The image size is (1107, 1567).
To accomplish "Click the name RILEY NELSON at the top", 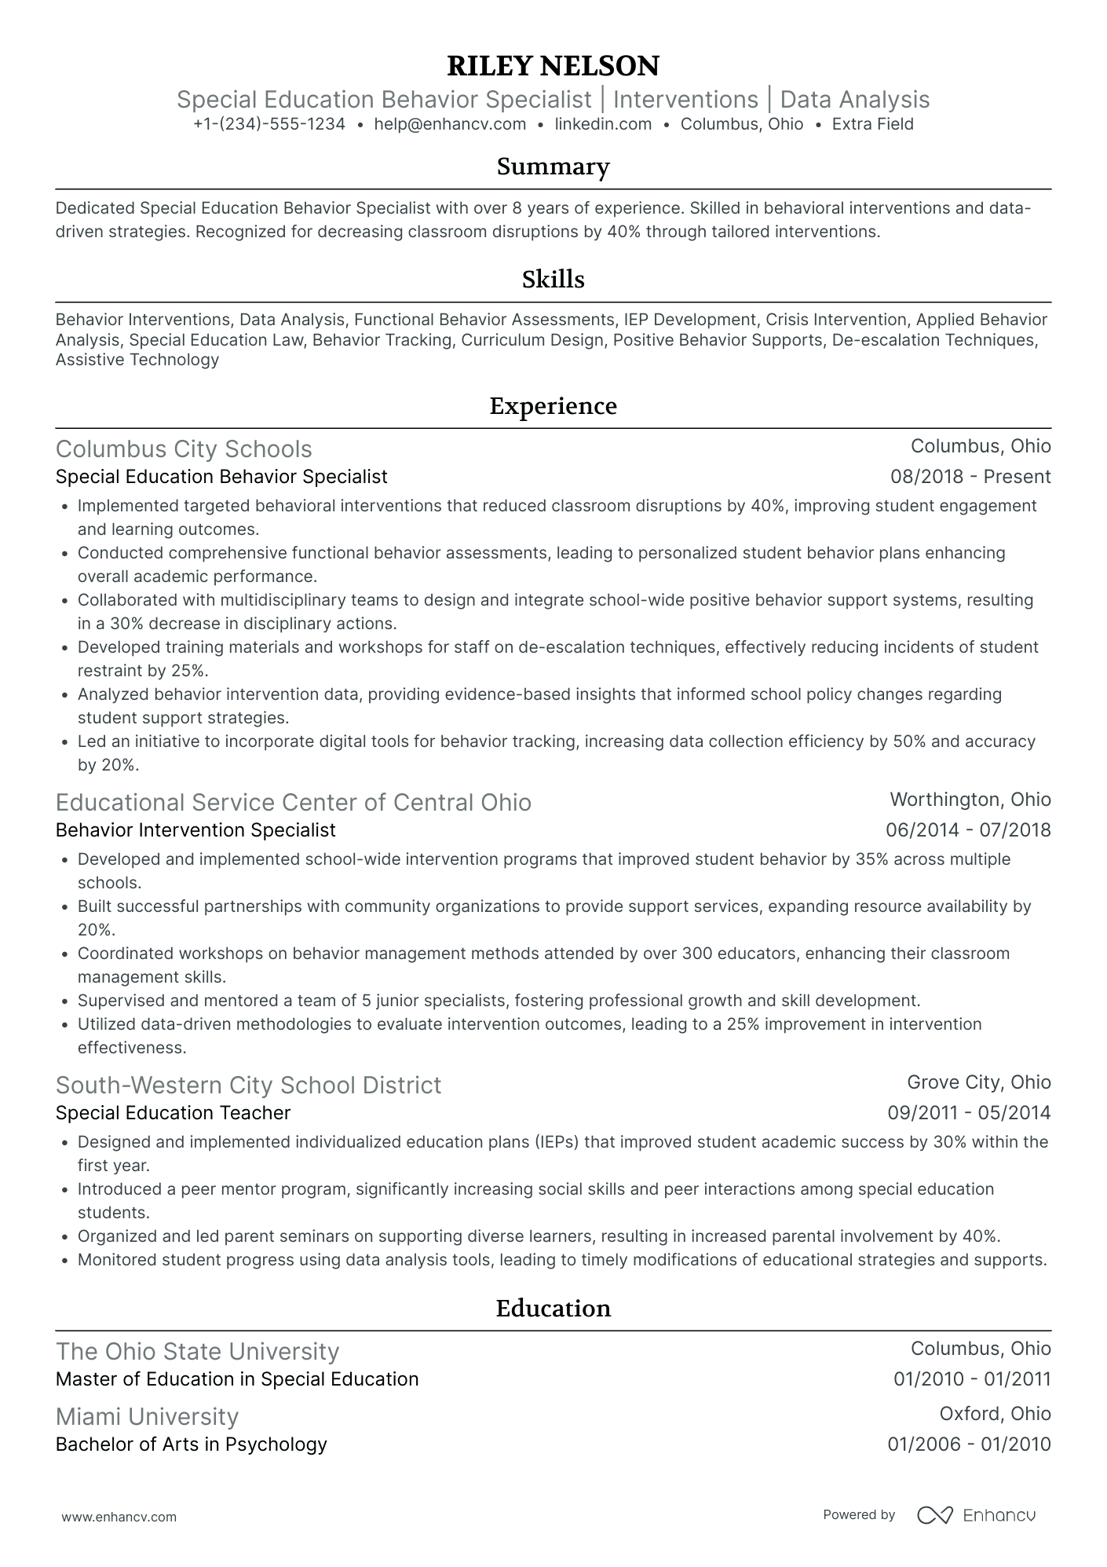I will (x=553, y=66).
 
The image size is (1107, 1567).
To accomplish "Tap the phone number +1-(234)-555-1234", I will (x=269, y=124).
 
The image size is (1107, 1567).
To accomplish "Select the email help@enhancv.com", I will (x=450, y=124).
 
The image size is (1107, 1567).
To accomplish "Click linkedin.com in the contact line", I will (x=603, y=124).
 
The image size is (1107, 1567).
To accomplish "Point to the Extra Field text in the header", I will (x=872, y=124).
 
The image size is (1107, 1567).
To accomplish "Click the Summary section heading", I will (x=553, y=167).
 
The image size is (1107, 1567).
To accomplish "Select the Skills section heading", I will (x=553, y=280).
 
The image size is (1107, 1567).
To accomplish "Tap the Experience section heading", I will (x=553, y=406).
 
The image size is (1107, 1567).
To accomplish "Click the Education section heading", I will (x=553, y=1309).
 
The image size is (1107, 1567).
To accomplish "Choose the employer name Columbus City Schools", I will (x=184, y=449).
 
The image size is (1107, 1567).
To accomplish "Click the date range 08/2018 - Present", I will (x=970, y=477).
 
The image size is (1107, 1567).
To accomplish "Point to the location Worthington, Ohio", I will (x=970, y=800).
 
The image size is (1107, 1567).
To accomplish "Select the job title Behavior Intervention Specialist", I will (x=195, y=830).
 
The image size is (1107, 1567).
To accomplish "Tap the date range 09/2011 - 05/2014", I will (x=969, y=1113).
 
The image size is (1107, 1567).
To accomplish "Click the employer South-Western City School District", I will (x=248, y=1086).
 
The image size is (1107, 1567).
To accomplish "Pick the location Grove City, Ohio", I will (x=978, y=1082).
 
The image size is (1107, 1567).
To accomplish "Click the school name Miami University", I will (x=147, y=1417).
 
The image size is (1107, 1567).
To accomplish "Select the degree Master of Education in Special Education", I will (x=237, y=1380).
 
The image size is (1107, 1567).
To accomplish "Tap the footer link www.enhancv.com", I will (x=119, y=1518).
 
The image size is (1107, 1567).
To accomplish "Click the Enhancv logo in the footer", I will (x=977, y=1515).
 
